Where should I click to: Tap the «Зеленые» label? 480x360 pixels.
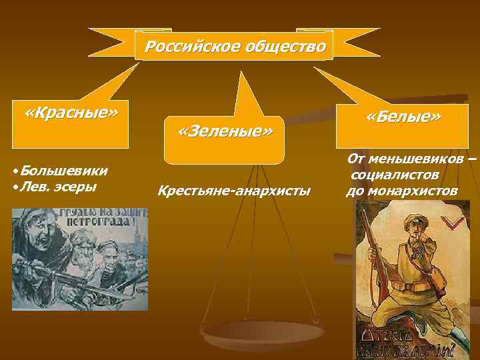coord(225,131)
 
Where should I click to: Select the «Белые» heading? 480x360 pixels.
coord(403,117)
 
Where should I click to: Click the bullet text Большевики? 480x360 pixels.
coord(64,171)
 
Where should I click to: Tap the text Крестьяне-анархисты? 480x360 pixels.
coord(233,192)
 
